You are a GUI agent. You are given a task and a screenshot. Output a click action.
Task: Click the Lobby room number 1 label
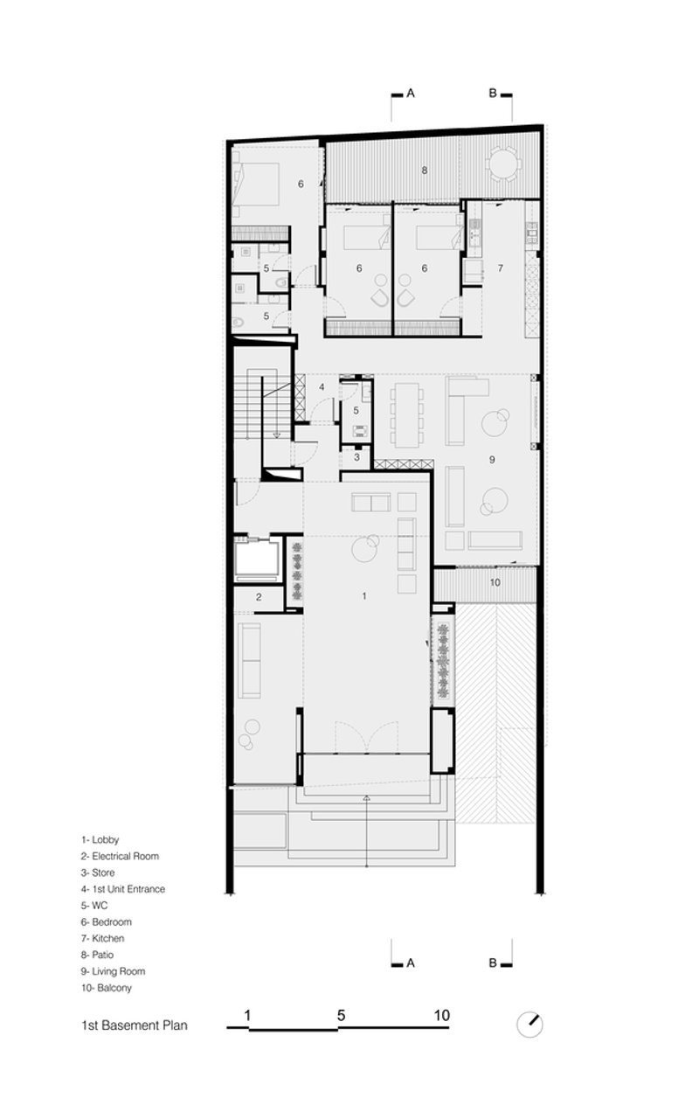coord(364,595)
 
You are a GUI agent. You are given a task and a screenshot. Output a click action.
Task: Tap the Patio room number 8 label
coord(425,170)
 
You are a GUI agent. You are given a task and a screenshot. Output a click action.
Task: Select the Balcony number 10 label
coord(495,582)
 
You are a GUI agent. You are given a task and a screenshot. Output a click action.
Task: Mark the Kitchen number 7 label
coord(501,268)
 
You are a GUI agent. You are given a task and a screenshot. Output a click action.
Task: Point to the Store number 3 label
coord(356,457)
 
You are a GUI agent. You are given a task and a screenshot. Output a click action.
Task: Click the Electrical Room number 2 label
coord(259,596)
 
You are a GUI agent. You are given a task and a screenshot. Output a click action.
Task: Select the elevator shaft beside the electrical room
coord(258,559)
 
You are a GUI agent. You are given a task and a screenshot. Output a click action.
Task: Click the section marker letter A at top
coord(411,93)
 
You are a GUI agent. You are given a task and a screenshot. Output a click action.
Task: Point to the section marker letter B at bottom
coord(493,963)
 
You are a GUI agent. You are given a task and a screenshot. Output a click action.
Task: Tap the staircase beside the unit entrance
coord(263,405)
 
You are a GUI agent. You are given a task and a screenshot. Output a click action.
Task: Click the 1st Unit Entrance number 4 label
coord(322,387)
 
